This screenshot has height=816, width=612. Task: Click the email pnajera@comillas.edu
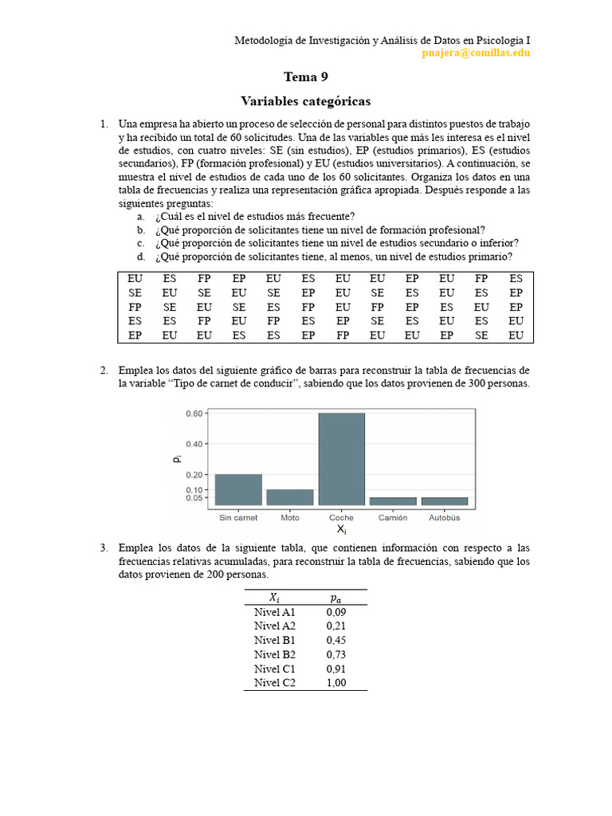(476, 53)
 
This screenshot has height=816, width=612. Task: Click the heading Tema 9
(306, 77)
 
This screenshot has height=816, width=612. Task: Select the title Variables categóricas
(306, 101)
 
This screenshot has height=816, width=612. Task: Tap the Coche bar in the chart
(342, 459)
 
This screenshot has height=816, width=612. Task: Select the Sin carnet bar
(238, 489)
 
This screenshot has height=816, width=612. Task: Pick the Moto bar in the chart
(290, 497)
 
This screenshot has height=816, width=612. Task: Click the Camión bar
(394, 501)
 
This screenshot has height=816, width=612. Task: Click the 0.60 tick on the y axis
(194, 414)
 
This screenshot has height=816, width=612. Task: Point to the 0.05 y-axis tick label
(194, 498)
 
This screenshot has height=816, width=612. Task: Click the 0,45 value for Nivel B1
(336, 640)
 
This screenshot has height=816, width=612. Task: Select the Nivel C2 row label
(275, 683)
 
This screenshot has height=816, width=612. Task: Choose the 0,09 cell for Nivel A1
(336, 612)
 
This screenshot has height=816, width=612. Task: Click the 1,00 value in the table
(336, 683)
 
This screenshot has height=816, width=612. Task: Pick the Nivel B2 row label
(275, 654)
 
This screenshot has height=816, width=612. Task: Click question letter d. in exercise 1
(141, 257)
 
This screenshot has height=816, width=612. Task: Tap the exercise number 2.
(104, 371)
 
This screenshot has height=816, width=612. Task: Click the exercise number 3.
(104, 548)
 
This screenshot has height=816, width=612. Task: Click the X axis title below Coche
(341, 530)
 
